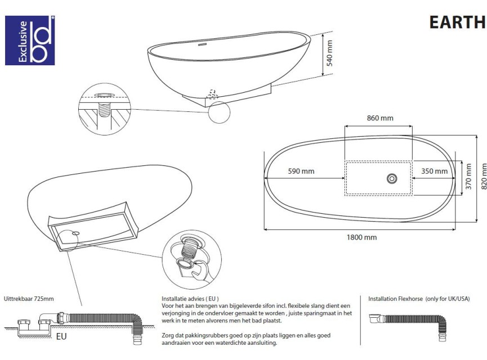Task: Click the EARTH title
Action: tap(457, 22)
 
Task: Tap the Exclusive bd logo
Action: tap(30, 40)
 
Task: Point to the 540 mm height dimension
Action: tap(329, 53)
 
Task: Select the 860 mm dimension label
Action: tap(380, 118)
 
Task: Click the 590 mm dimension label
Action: tap(301, 171)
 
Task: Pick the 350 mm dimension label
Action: tap(434, 171)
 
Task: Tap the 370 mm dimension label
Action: tap(468, 177)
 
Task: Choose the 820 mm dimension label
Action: tap(484, 177)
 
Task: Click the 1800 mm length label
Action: tap(361, 237)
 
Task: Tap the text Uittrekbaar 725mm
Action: tap(29, 299)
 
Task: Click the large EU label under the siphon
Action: tap(61, 336)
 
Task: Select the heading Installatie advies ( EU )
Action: tap(190, 299)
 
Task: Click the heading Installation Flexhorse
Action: tap(395, 299)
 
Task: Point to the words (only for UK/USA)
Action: tap(448, 299)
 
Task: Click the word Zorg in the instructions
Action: tap(167, 335)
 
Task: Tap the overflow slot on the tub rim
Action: tap(203, 44)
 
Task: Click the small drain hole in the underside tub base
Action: tap(75, 232)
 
